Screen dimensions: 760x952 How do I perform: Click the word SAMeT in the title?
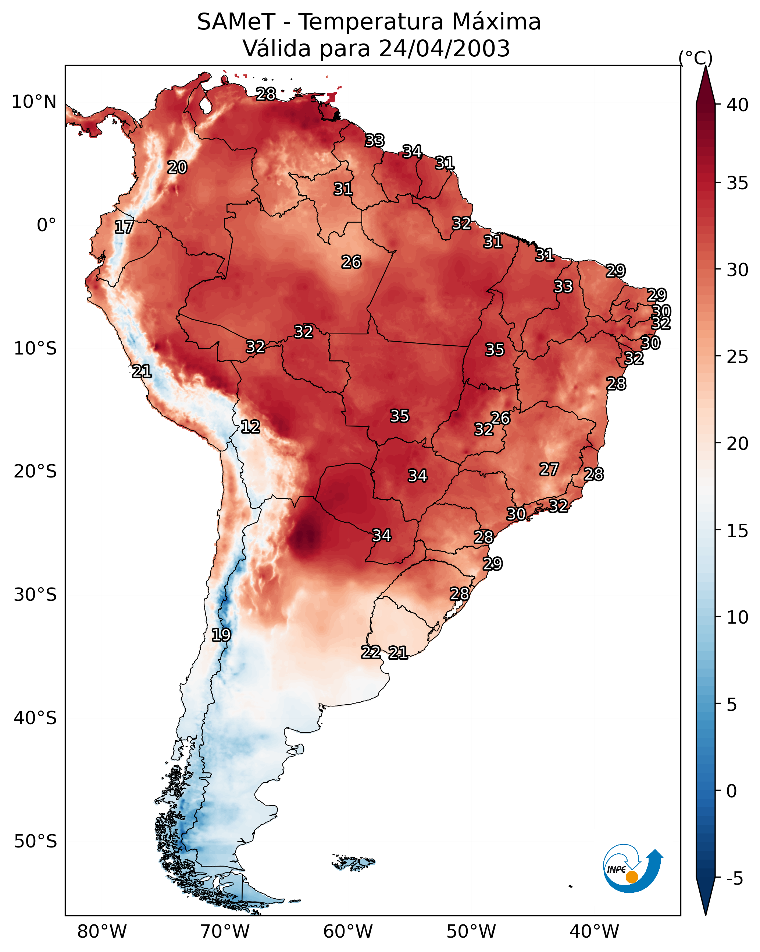(x=236, y=22)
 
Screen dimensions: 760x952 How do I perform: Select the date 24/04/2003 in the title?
(x=444, y=49)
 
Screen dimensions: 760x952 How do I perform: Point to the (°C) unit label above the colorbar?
(x=696, y=58)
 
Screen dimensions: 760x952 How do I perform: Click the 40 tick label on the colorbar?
(x=738, y=105)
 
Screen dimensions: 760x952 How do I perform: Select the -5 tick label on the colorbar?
(x=735, y=879)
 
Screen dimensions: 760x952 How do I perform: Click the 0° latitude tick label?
(x=47, y=225)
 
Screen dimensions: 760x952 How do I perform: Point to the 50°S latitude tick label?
(x=35, y=842)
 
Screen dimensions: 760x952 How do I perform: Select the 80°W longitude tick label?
(x=102, y=931)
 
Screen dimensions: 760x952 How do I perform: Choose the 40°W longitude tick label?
(x=594, y=931)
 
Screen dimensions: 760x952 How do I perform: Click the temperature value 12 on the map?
(x=250, y=427)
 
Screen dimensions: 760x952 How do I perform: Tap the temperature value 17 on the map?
(x=124, y=227)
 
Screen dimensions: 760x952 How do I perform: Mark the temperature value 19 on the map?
(x=221, y=635)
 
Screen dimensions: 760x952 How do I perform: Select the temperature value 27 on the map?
(x=549, y=469)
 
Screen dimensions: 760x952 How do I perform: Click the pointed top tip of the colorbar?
(x=705, y=66)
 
